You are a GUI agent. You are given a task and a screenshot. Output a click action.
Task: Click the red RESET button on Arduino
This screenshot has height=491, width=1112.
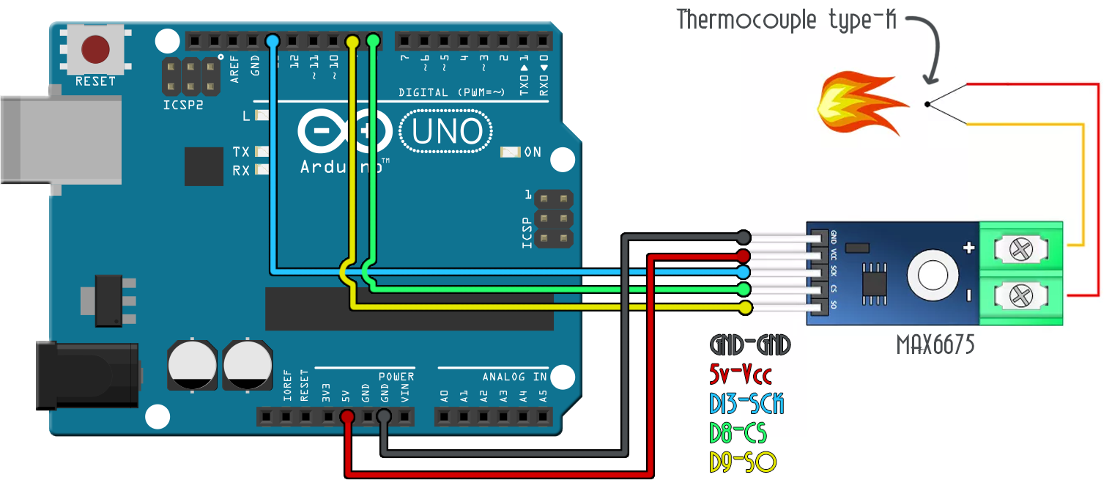coord(95,50)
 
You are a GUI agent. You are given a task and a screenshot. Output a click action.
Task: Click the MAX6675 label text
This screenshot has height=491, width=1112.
coord(935,345)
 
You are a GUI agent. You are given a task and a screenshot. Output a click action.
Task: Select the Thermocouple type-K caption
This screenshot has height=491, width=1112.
coord(787,20)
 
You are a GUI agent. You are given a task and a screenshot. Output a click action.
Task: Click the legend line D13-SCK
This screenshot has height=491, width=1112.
coord(746,404)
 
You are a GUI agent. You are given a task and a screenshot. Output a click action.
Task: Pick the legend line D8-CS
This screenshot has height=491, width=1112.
coord(738,433)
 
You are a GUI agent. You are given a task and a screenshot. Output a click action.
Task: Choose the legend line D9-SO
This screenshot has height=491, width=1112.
coord(742,462)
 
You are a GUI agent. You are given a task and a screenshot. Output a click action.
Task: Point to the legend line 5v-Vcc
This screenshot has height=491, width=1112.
coord(741,375)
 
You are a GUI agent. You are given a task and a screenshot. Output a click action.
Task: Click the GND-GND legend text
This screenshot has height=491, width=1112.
coord(750,345)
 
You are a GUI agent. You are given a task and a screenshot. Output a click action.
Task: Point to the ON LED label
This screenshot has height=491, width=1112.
coord(533,152)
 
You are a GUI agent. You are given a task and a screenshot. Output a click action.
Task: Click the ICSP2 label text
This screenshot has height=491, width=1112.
coord(182,106)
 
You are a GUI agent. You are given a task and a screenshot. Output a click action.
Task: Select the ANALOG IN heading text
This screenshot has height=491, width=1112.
coord(514,377)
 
